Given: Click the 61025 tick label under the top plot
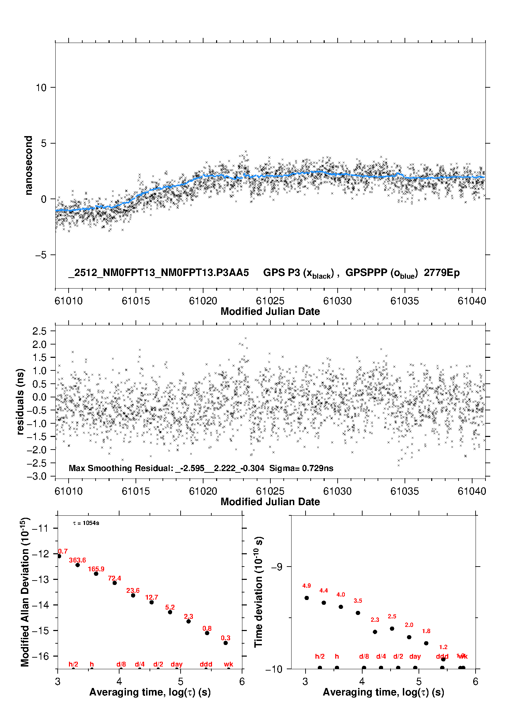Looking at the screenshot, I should coord(270,301).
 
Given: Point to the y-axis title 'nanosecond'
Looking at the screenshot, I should coord(28,165).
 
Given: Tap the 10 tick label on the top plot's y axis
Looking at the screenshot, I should coord(41,88).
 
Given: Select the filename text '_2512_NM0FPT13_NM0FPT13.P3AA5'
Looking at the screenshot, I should coord(159,273).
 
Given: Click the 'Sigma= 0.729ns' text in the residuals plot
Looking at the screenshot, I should coord(301,468).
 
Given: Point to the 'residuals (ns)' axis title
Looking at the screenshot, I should coord(20,401).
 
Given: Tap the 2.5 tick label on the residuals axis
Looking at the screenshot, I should coord(39,331).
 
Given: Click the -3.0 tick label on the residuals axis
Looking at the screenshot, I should coord(38,476).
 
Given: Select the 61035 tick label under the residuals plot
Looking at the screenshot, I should coord(404,491).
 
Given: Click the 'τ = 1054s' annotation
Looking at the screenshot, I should coord(86,523).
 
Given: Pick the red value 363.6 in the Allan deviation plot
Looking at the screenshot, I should coord(77,560).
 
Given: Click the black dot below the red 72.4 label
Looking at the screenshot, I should coord(115,583).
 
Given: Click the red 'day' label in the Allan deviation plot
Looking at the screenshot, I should coord(177,664).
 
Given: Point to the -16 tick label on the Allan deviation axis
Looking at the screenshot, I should coord(40,656).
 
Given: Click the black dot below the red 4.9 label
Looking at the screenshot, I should coord(307,598).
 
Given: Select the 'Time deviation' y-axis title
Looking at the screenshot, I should coord(258,592).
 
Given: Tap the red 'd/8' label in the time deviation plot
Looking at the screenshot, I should coord(364,656).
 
